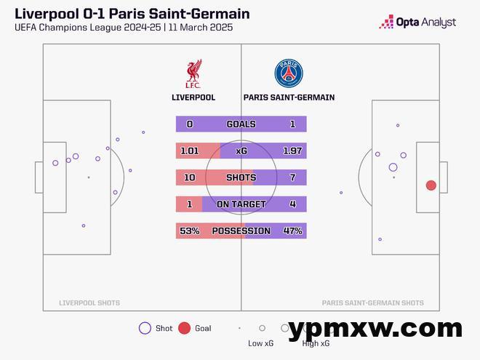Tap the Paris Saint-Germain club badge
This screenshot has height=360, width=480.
(289, 74)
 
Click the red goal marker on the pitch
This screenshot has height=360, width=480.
(431, 185)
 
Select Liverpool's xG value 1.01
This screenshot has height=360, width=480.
(189, 151)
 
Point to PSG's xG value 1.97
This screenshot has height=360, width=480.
(292, 151)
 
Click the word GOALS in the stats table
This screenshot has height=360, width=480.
(241, 124)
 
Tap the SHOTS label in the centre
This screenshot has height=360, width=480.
(241, 177)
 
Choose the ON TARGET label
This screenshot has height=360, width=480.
(241, 204)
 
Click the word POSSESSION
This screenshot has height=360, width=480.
(241, 231)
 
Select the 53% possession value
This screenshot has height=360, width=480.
(189, 231)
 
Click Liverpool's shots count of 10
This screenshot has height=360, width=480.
(189, 177)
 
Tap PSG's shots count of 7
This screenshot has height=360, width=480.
(292, 177)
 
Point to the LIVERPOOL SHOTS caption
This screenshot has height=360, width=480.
(89, 303)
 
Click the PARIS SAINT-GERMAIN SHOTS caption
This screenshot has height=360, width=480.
(372, 303)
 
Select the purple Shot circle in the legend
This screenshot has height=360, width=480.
(145, 328)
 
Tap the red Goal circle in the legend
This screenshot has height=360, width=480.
(184, 328)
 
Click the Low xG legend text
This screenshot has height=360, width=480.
(260, 343)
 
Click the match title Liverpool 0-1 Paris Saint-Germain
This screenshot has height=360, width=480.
(132, 14)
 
